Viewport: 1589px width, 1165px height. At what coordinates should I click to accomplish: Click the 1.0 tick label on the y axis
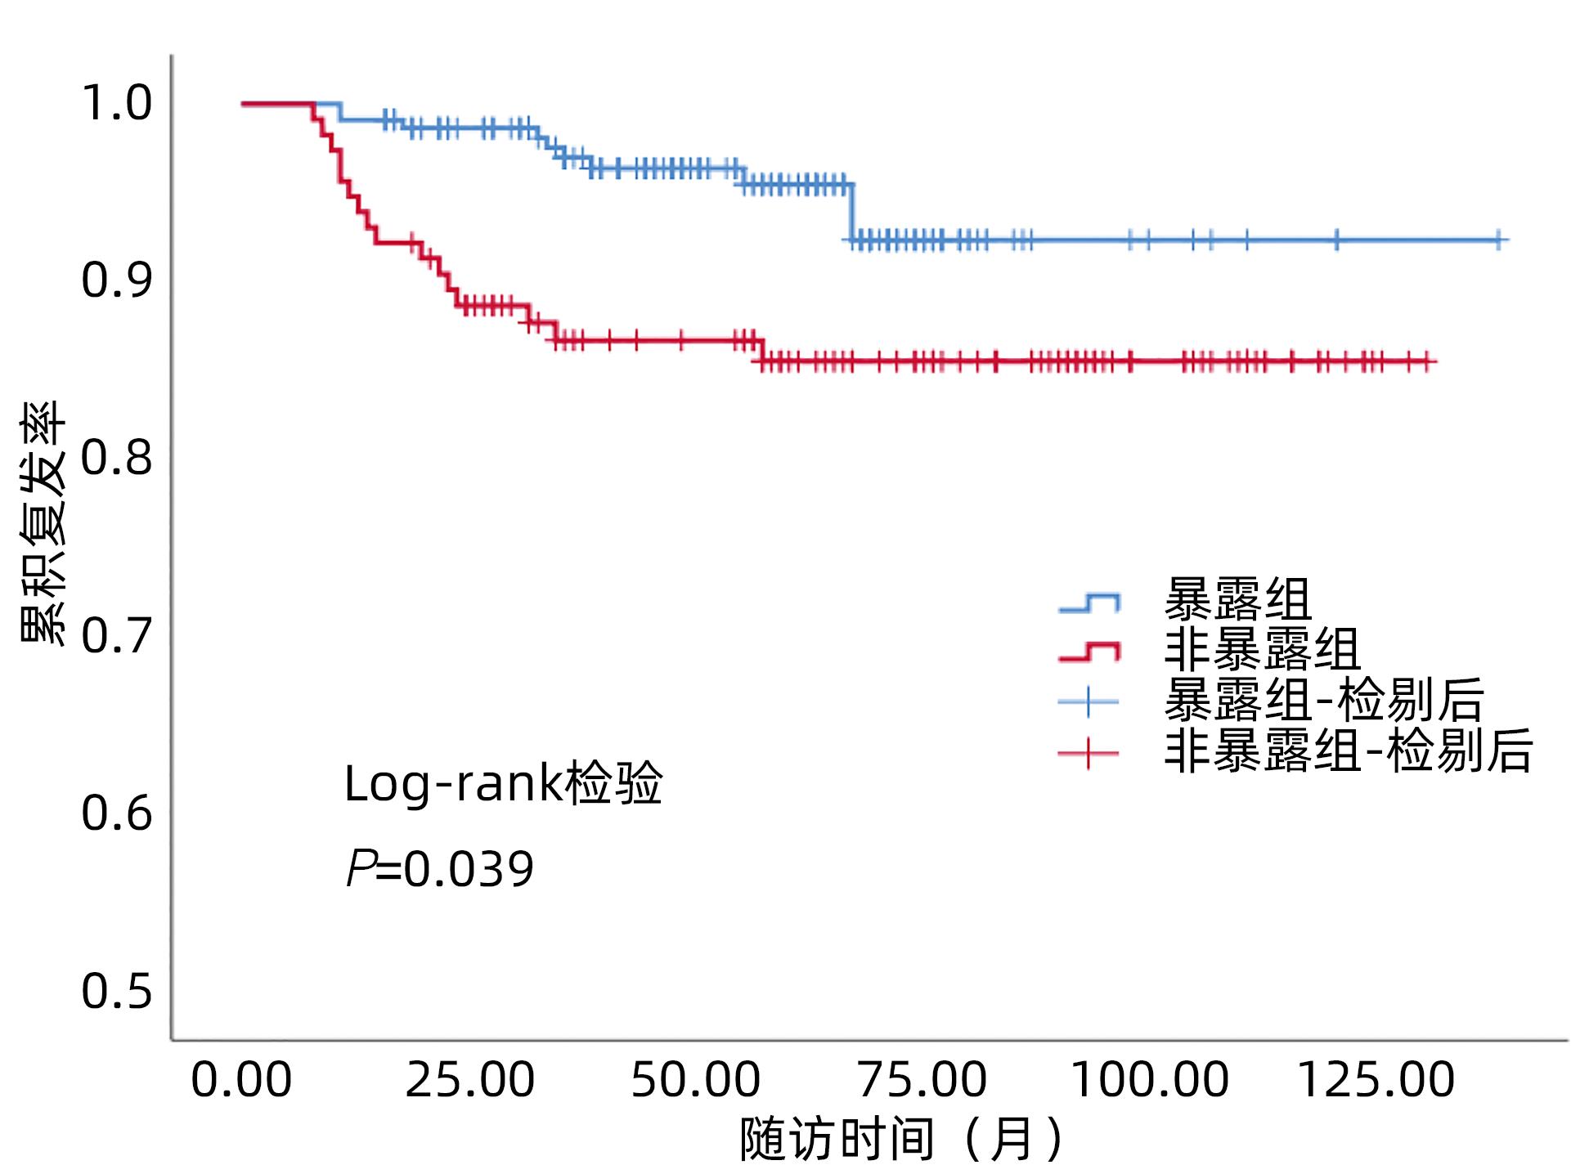point(117,103)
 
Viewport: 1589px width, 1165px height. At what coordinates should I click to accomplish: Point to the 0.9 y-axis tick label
point(117,280)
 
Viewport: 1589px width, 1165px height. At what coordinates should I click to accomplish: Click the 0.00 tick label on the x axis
point(241,1080)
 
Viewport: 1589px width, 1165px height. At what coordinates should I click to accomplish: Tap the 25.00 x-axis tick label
point(470,1080)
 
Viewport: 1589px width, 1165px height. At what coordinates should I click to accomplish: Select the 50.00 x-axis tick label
point(696,1080)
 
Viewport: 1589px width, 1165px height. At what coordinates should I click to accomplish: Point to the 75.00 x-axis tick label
point(922,1080)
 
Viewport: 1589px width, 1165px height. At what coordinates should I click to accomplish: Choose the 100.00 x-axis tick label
point(1149,1080)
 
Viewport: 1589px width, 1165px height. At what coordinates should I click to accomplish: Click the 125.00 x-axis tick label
point(1376,1080)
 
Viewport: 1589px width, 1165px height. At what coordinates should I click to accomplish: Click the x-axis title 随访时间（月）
point(904,1137)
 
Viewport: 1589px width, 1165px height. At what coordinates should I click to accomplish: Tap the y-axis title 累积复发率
point(43,523)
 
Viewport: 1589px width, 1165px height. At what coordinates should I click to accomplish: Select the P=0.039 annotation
point(440,868)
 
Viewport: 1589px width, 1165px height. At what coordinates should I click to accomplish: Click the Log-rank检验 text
point(503,783)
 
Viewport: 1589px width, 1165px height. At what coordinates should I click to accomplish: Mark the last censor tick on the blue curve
point(1499,240)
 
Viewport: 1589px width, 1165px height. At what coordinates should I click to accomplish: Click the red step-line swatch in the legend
point(1089,652)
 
